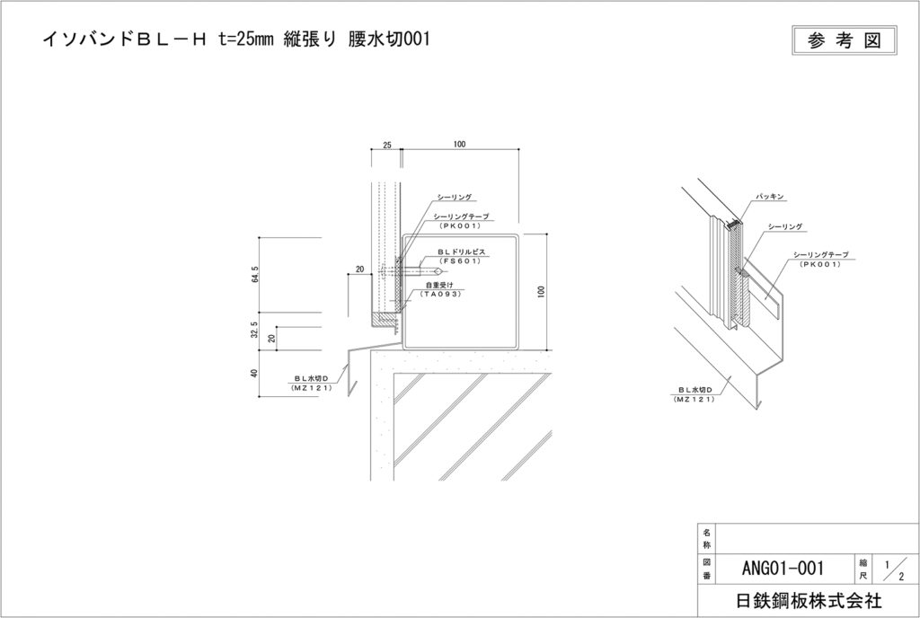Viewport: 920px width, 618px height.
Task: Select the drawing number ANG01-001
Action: (x=783, y=567)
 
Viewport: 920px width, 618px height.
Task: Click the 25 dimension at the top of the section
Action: (x=387, y=144)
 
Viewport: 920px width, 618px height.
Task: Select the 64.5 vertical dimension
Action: (x=256, y=273)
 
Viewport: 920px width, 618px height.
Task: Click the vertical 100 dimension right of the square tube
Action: (x=541, y=292)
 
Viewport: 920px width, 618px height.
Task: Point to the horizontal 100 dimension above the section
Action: (x=459, y=144)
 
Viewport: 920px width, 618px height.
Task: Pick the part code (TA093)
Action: (x=443, y=294)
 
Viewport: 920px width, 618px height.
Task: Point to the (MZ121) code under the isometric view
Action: (x=694, y=398)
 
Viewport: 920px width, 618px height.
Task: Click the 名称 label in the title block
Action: (x=706, y=539)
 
